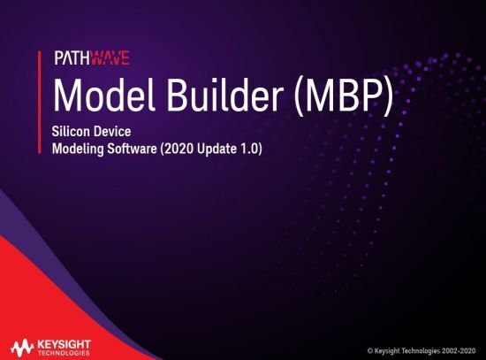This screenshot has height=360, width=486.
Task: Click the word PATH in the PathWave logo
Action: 72,59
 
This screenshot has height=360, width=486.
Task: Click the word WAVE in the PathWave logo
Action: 110,59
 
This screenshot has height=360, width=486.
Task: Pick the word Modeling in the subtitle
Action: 78,149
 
